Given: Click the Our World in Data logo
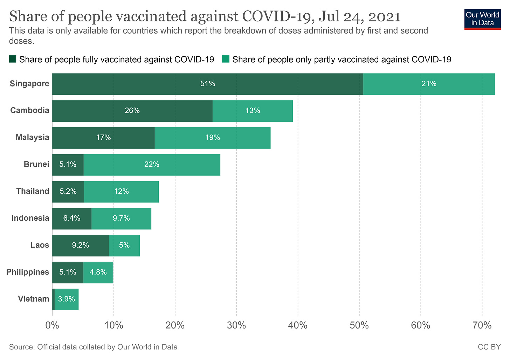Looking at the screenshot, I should click(x=482, y=19).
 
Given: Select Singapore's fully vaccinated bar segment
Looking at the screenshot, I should click(x=207, y=84).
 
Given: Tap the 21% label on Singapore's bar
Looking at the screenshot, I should click(x=429, y=84).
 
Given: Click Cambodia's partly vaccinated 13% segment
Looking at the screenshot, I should click(x=253, y=111).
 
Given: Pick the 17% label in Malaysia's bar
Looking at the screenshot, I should click(x=104, y=138).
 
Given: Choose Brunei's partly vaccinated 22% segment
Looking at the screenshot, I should click(x=152, y=165).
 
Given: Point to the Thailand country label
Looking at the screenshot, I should click(x=33, y=191).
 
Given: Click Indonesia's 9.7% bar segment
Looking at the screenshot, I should click(x=121, y=219).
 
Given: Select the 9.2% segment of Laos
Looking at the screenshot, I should click(x=81, y=245).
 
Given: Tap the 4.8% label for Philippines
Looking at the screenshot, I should click(x=98, y=272).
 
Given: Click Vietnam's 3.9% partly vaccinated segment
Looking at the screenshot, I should click(x=67, y=299).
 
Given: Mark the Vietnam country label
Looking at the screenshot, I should click(x=34, y=299).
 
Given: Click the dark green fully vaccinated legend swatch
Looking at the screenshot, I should click(x=13, y=60).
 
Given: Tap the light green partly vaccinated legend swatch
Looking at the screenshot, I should click(x=226, y=60).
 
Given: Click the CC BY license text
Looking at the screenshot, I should click(x=489, y=347).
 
